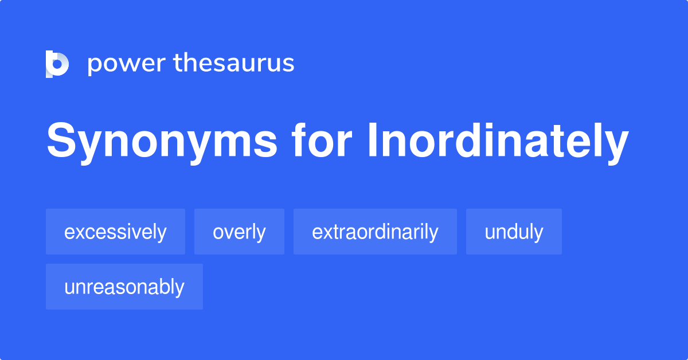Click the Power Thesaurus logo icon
pos(57,64)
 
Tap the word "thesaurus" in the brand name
pos(234,63)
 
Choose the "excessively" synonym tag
pos(115,232)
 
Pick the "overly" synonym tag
pos(239,232)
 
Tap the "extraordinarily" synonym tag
pos(375,232)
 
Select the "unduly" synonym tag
pos(514,232)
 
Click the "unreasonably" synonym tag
pos(124,287)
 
